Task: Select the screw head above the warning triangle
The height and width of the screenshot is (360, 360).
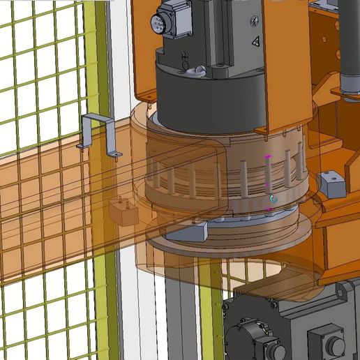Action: point(253,22)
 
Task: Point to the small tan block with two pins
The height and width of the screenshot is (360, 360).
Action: point(125,211)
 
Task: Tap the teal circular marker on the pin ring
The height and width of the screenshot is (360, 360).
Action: point(273,200)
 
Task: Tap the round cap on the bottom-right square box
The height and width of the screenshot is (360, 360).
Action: point(336,345)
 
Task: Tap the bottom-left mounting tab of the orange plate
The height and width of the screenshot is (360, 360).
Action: point(146,91)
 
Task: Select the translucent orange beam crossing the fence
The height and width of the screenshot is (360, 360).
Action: point(56,209)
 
